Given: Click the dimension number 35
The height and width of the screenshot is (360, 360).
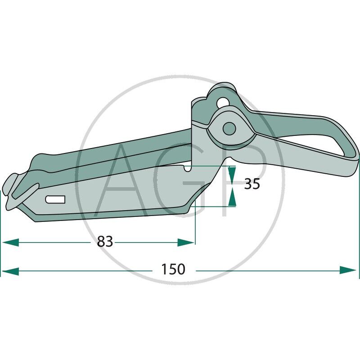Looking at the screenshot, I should (252, 184).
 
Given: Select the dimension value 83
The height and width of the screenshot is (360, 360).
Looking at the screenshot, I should (105, 242).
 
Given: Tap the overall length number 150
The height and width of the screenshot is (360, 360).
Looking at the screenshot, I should (173, 270).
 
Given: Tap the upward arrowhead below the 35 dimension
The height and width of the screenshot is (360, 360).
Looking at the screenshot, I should (232, 197).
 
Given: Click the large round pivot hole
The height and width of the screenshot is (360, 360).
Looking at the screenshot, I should (229, 128).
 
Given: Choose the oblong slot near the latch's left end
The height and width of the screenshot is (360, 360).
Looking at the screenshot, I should (56, 199).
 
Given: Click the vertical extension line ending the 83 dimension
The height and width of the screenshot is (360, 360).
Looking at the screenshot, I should (195, 225).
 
